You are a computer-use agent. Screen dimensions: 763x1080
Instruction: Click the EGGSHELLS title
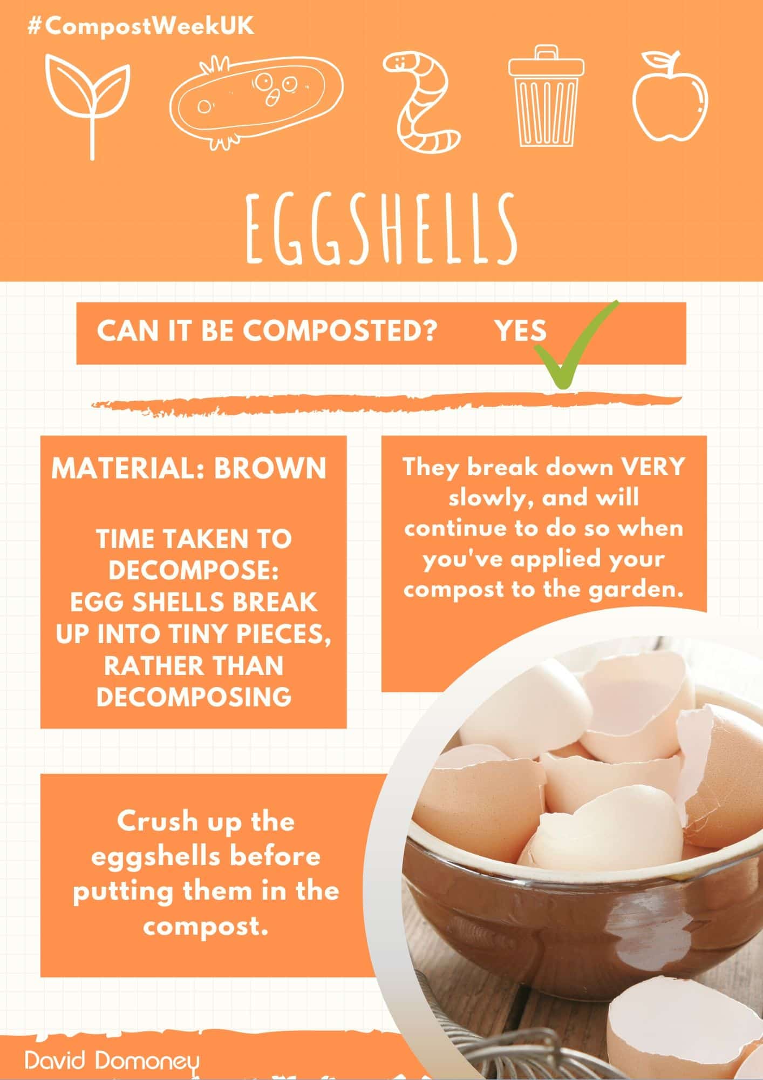[380, 229]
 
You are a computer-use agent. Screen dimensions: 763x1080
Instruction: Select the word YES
[521, 330]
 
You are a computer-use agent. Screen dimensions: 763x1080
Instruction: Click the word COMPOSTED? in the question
[339, 330]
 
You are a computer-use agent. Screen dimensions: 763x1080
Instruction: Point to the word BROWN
[270, 468]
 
